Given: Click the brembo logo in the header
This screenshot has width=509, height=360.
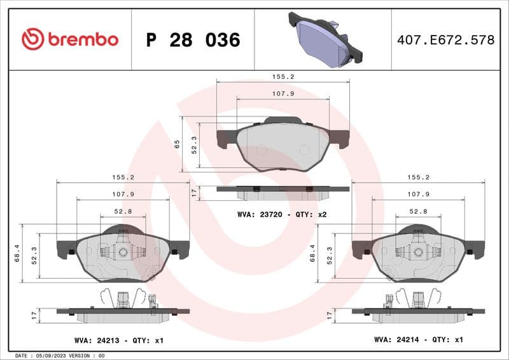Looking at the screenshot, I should [69, 39].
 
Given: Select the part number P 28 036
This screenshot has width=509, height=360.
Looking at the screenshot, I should [193, 40].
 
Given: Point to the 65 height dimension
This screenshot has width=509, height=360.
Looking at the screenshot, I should [178, 145].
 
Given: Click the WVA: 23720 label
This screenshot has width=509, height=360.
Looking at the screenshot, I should [258, 214].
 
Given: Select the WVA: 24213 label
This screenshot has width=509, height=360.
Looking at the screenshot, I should [95, 340].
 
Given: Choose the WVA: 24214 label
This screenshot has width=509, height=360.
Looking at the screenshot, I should [394, 340].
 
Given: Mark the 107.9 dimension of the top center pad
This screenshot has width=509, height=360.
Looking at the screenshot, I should [283, 93].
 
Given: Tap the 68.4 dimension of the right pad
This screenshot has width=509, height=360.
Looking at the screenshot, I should [312, 253].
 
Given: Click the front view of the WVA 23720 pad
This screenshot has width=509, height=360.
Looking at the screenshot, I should [283, 145].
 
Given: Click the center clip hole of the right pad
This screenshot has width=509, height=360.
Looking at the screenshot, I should [418, 252].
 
